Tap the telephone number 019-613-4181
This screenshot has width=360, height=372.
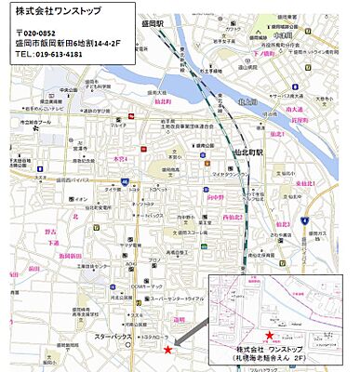click(x=48, y=55)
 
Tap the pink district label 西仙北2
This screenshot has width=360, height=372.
click(x=233, y=217)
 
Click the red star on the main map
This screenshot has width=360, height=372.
click(x=167, y=350)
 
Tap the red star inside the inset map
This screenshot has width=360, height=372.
click(x=269, y=335)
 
